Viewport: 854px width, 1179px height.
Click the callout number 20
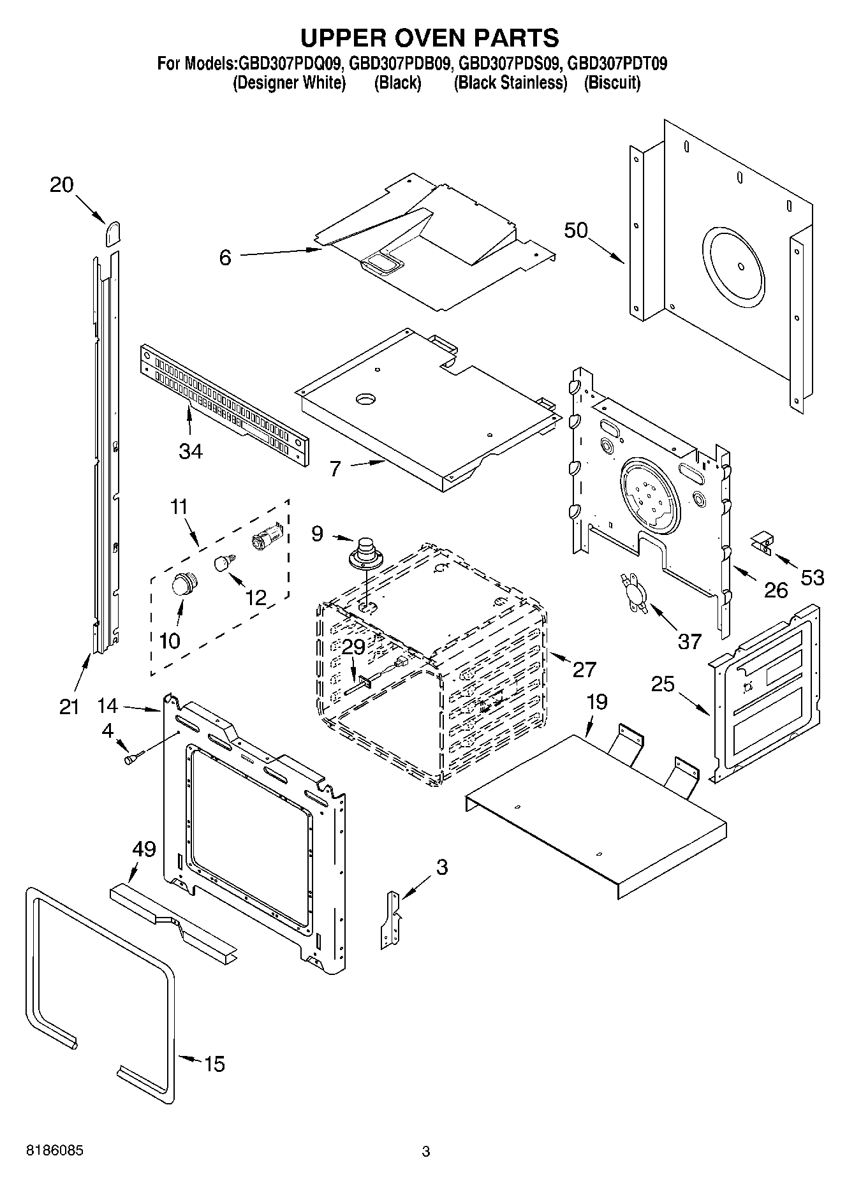[62, 185]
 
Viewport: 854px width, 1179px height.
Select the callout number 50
[575, 230]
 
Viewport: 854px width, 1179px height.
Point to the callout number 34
[191, 451]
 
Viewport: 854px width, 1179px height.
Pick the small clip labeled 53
[762, 542]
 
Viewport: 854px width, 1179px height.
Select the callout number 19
[597, 702]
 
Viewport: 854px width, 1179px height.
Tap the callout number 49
[144, 849]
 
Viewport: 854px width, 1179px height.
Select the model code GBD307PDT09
[617, 64]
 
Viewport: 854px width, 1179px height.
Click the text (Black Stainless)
[510, 83]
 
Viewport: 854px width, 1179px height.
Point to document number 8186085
[54, 1151]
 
